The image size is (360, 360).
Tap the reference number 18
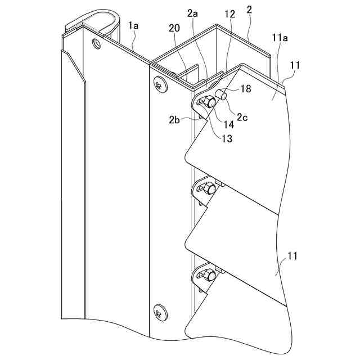point(245,88)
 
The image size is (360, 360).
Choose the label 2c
point(242,117)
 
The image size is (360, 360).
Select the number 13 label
point(226,138)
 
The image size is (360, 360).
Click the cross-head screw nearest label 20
point(159,85)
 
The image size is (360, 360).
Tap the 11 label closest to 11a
point(295,65)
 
